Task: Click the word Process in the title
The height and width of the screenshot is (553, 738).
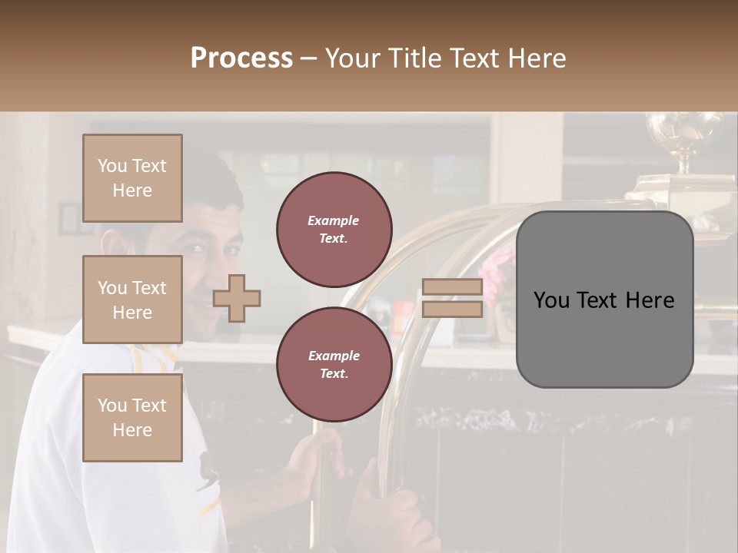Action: point(241,58)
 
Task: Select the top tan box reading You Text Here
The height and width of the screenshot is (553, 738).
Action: point(132,178)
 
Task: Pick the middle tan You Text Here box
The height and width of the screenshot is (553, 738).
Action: point(132,300)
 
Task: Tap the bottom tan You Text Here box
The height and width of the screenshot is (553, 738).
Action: point(132,417)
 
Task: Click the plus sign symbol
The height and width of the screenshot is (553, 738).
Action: point(237,298)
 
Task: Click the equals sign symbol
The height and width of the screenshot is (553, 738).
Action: point(452,298)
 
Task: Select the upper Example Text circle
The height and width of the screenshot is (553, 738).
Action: point(334,229)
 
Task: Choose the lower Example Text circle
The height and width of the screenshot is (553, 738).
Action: point(334,364)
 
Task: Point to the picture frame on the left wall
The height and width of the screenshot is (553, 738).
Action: point(69,219)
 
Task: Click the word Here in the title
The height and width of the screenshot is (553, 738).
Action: point(535,58)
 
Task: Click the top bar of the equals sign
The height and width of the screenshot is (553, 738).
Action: point(452,287)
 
